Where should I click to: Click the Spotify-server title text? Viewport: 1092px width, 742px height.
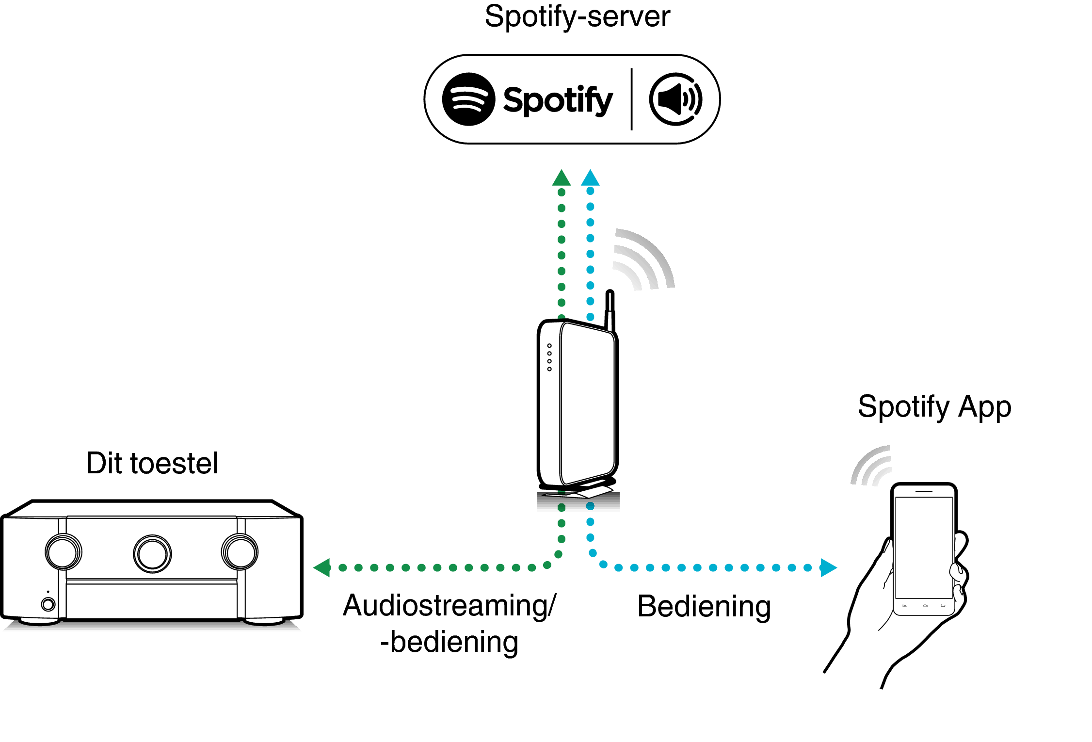click(x=577, y=16)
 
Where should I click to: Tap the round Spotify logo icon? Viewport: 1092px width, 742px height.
click(x=468, y=99)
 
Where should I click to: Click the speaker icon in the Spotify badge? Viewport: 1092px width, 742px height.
click(x=675, y=99)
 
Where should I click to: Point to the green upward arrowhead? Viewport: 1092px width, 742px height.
click(x=562, y=178)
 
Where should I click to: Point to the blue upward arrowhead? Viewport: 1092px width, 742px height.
click(x=590, y=178)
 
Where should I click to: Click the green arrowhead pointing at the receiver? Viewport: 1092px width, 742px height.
click(x=322, y=567)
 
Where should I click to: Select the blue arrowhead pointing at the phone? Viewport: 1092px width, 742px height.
click(x=828, y=567)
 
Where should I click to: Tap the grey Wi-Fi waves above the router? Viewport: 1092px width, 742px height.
click(x=642, y=259)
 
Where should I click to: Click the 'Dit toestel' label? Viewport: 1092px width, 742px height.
click(x=152, y=463)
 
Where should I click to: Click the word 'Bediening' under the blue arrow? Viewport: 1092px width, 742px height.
click(x=704, y=606)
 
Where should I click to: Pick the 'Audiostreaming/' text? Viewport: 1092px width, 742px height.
click(x=450, y=606)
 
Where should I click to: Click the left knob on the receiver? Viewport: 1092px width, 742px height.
click(x=64, y=552)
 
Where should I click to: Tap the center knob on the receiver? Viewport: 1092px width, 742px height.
click(x=152, y=554)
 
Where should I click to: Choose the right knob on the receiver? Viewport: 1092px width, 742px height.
click(x=240, y=552)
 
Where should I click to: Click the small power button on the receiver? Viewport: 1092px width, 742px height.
click(x=48, y=604)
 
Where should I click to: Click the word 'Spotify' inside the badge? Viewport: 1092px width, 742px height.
click(x=558, y=100)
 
